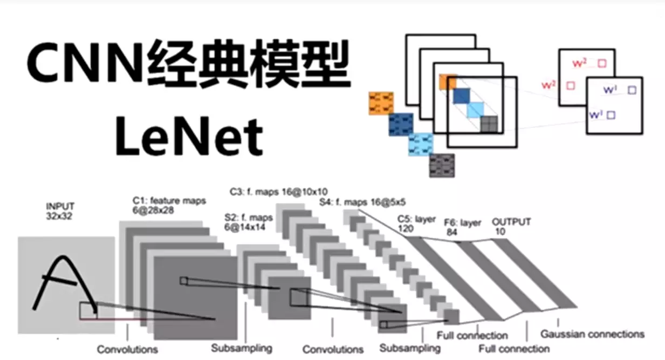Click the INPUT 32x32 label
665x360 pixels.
click(x=60, y=211)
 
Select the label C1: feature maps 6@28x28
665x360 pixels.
click(x=169, y=206)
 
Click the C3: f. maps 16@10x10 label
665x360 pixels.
click(x=278, y=191)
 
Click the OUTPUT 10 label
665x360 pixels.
click(x=511, y=226)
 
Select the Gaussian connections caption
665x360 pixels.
click(x=592, y=334)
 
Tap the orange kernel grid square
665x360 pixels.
click(x=381, y=103)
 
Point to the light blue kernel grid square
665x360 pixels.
click(x=421, y=145)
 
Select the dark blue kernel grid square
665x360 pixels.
click(x=401, y=124)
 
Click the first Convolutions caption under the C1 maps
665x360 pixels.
click(x=128, y=349)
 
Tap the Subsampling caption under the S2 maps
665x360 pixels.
click(x=242, y=347)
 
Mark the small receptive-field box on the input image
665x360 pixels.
click(x=88, y=310)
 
